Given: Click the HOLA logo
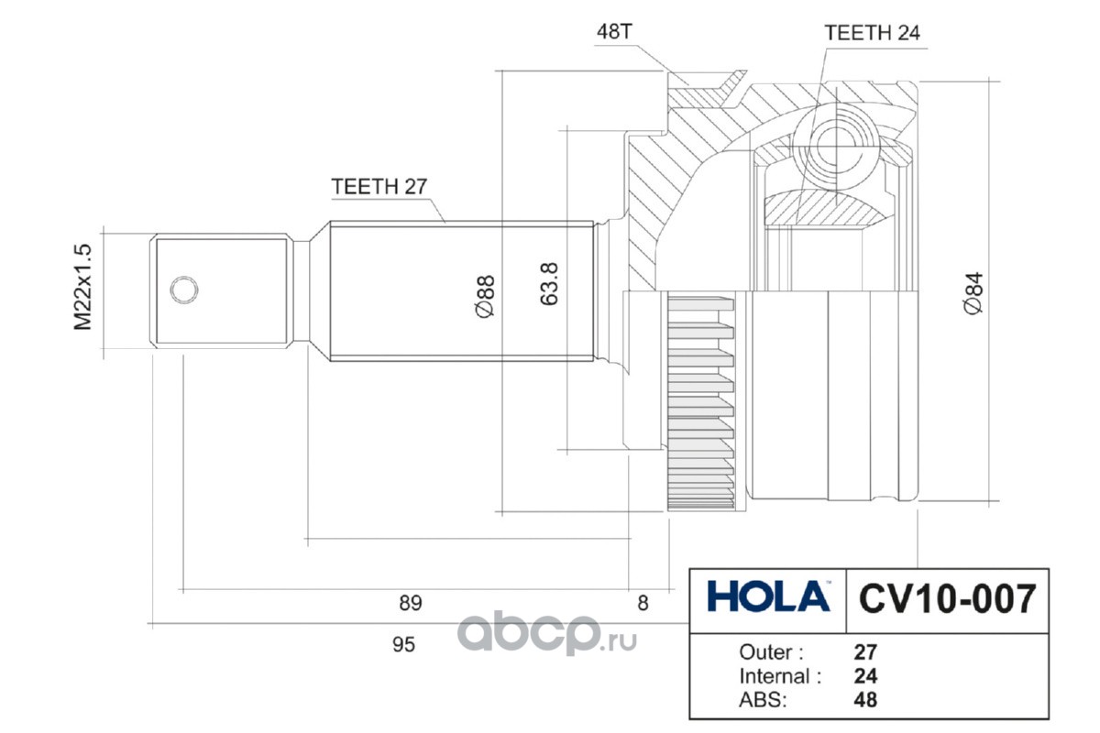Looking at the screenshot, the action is pyautogui.click(x=768, y=597).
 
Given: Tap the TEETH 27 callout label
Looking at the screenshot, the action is pyautogui.click(x=379, y=187).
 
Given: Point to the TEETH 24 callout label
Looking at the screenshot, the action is pyautogui.click(x=872, y=33).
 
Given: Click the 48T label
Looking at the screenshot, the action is pyautogui.click(x=614, y=32).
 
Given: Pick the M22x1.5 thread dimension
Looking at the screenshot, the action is pyautogui.click(x=83, y=287).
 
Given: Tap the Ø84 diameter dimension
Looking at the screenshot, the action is pyautogui.click(x=973, y=294).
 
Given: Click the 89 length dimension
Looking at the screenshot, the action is pyautogui.click(x=410, y=603).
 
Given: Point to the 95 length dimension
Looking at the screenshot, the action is pyautogui.click(x=404, y=644).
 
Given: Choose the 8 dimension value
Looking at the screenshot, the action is pyautogui.click(x=643, y=603).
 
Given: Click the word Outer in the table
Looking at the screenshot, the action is pyautogui.click(x=771, y=653).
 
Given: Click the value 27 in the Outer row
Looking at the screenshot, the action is pyautogui.click(x=865, y=653).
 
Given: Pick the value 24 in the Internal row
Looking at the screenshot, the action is pyautogui.click(x=865, y=676).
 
